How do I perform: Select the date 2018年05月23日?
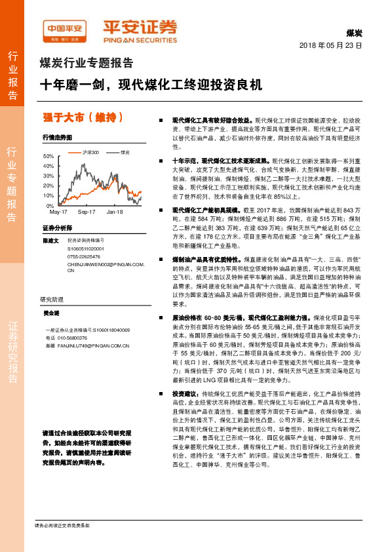pos(331,46)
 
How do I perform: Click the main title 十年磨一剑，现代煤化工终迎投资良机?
pos(151,85)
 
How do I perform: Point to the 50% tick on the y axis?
pos(50,157)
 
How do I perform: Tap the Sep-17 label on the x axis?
pos(87,212)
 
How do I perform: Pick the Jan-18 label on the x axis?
pos(115,212)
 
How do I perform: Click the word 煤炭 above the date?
pos(354,33)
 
